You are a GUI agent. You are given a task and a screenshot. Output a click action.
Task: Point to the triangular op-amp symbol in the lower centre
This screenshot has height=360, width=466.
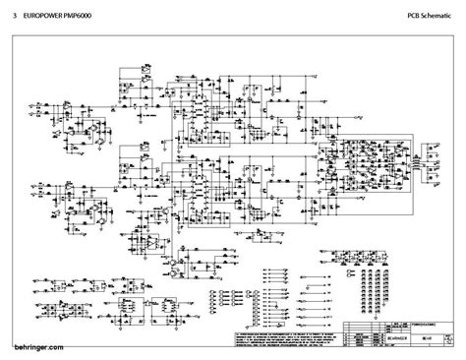click(x=173, y=263)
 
